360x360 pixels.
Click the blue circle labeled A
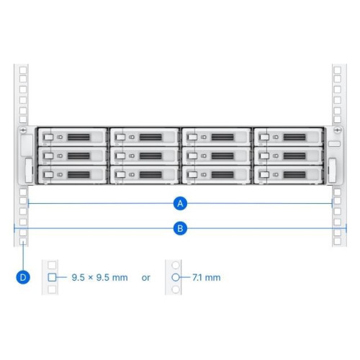point(180,204)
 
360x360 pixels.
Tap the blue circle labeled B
point(180,228)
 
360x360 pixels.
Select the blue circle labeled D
point(23,277)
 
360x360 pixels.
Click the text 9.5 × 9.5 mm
point(99,278)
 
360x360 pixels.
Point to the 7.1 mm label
point(207,278)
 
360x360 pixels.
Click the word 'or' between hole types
point(145,278)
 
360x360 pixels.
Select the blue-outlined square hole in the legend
point(52,277)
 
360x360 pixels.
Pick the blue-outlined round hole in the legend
point(176,277)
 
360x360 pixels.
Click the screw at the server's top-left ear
point(23,130)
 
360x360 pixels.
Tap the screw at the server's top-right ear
point(338,130)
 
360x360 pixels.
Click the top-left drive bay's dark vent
point(78,137)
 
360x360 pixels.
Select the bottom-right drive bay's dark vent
point(294,174)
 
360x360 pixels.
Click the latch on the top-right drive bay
point(264,137)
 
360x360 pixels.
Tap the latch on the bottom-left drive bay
point(48,174)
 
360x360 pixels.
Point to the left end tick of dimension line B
point(14,228)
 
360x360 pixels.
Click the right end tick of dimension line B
point(346,228)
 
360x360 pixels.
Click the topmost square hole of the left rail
point(23,71)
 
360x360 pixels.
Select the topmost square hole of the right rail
point(338,71)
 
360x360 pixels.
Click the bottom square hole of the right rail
point(338,241)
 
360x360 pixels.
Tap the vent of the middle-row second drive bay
point(150,156)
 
